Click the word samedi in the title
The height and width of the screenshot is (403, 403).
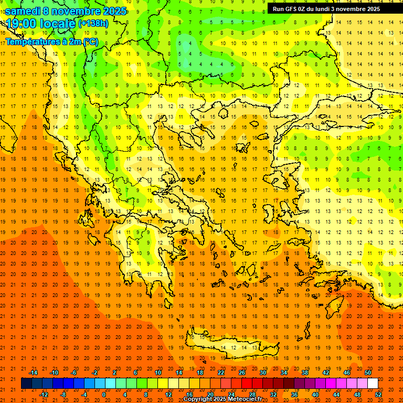point(23,11)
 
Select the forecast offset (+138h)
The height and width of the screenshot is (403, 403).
point(93,24)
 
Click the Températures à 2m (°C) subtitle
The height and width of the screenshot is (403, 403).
point(51,41)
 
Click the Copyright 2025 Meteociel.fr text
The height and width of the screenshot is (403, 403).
point(222,399)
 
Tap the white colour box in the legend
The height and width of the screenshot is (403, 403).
point(373,384)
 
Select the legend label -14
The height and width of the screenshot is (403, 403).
point(33,373)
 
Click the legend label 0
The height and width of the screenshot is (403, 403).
point(103,394)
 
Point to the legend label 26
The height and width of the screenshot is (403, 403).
point(242,373)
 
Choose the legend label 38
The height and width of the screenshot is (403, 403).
point(305,373)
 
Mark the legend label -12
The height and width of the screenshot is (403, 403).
point(44,394)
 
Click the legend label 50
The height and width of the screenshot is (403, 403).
point(368,373)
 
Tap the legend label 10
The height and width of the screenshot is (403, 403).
point(158,373)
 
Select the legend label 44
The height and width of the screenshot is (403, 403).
point(336,394)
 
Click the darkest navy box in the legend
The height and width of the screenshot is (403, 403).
point(26,384)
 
